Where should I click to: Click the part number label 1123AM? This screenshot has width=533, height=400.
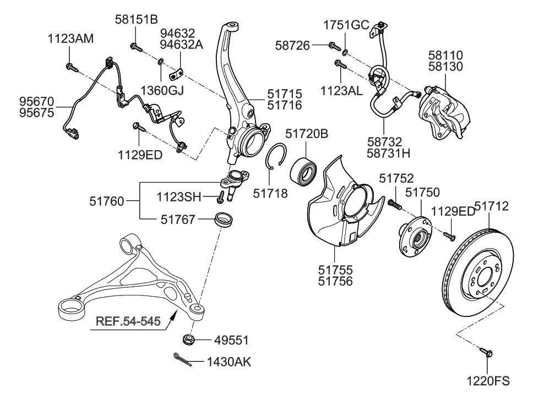tap(70, 39)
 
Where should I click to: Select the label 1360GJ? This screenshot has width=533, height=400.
tap(161, 90)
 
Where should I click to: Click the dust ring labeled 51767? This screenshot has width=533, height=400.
tap(224, 220)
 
